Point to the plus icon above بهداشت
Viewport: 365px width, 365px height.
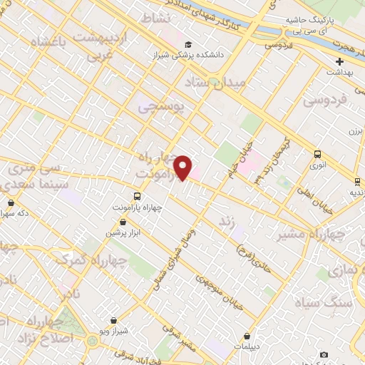(340, 61)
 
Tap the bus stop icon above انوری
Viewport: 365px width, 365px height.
(317, 153)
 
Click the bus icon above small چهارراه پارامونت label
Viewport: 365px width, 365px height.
(137, 195)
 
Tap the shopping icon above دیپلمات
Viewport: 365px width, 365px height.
(247, 336)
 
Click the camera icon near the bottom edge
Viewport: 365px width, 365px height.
(324, 355)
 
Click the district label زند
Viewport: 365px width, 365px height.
(227, 222)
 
